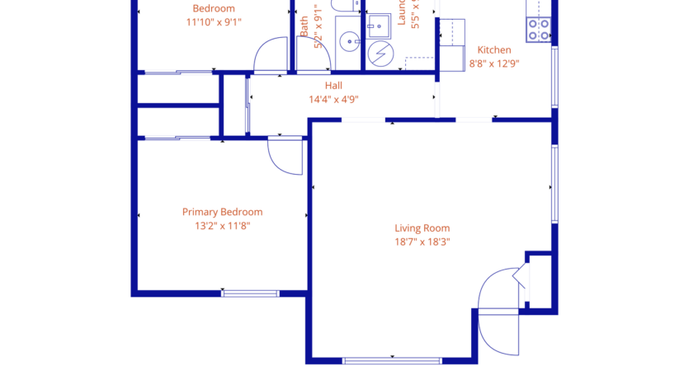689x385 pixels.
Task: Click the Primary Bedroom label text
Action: (x=222, y=212)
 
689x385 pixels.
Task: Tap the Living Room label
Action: (x=422, y=228)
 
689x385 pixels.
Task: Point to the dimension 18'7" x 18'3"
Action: (x=422, y=242)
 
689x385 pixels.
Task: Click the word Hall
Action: (x=333, y=85)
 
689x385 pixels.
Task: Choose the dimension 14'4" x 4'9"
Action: (x=333, y=99)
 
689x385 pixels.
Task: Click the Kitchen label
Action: (x=494, y=49)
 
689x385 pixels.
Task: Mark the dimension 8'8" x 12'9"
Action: (x=494, y=63)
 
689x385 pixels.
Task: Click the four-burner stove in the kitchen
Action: (x=539, y=30)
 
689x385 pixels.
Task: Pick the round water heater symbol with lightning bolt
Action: (x=381, y=54)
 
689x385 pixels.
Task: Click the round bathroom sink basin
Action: (x=349, y=40)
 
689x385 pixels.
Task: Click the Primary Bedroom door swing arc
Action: (x=284, y=157)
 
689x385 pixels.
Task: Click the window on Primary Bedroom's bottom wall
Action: (x=250, y=293)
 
